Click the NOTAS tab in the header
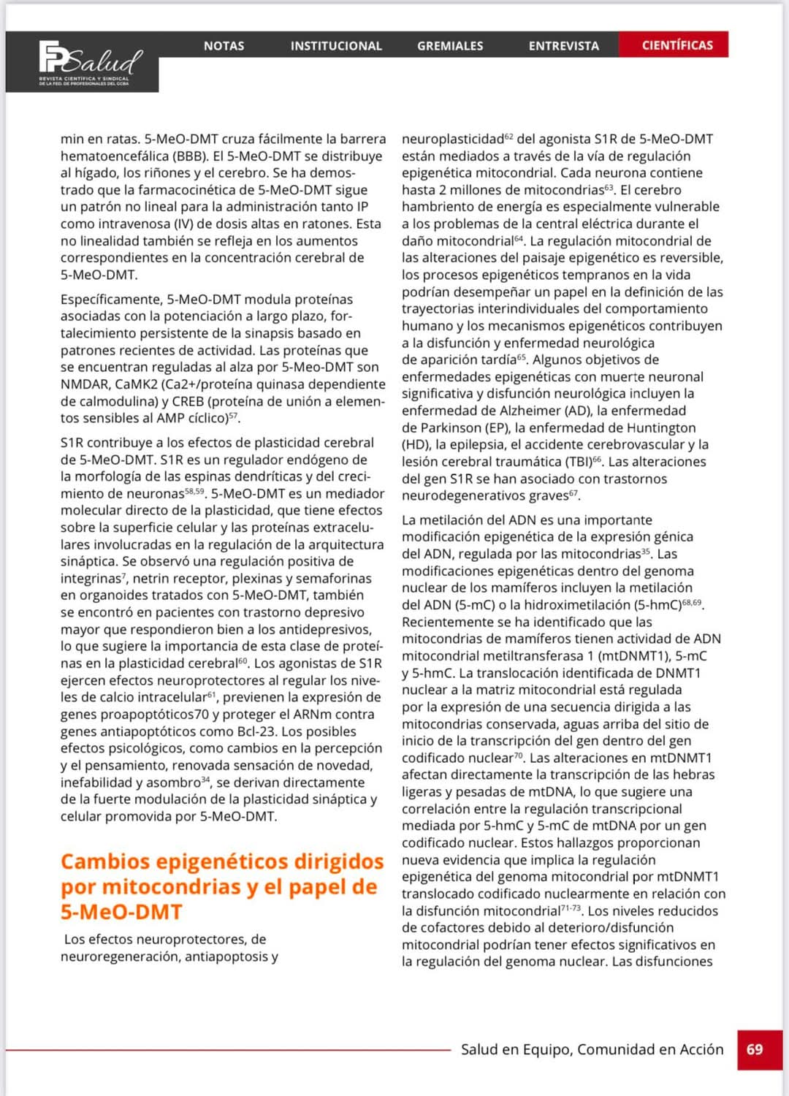click(x=224, y=45)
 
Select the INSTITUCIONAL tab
click(x=336, y=45)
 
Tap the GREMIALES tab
click(x=450, y=45)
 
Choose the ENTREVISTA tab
click(x=563, y=45)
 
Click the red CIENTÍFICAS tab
click(x=676, y=45)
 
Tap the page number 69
click(x=755, y=1049)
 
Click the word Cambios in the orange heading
click(x=106, y=861)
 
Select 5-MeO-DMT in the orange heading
click(x=121, y=912)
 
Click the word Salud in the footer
click(x=479, y=1049)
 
